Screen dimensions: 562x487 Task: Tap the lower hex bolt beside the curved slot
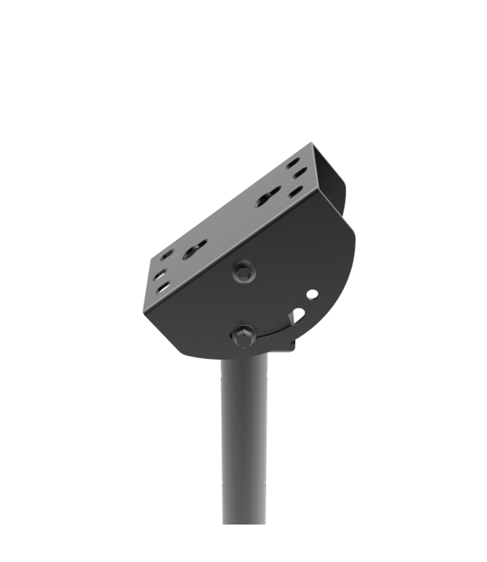243,335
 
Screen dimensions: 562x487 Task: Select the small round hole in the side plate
312,294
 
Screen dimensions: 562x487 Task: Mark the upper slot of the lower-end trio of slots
166,255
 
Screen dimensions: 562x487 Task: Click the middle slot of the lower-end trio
160,275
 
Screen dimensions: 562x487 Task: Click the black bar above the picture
243,19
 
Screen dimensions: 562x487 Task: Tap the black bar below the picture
243,543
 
